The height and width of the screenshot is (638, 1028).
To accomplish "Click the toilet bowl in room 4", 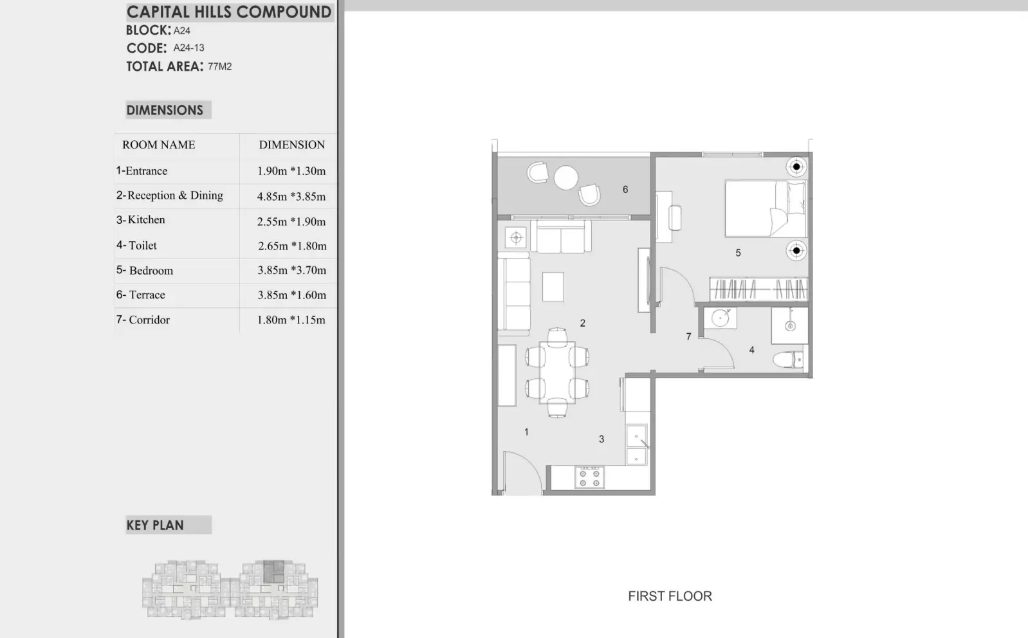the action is [787, 360].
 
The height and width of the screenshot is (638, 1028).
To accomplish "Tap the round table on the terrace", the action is [566, 178].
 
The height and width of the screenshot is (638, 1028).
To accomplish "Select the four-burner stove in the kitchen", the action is [589, 477].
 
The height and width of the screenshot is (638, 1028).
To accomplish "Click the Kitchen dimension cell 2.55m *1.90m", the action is [291, 221].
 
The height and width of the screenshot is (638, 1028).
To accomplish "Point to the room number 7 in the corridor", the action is [688, 336].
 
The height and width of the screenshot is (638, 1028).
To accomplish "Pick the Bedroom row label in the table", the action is [145, 270].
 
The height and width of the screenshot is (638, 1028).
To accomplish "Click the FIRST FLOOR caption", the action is [670, 596].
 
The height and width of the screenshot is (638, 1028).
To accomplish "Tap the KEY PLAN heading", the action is [155, 525].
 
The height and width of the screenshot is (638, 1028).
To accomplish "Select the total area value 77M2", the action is [220, 66].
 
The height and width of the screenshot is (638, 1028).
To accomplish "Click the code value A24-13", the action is [188, 48].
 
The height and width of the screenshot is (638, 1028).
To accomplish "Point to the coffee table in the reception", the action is [553, 287].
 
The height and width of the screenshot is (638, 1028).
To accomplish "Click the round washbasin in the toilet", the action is [720, 318].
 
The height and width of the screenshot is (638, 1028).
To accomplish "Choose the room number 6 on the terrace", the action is [625, 190].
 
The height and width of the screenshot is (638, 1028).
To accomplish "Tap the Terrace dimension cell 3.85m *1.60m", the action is [292, 295].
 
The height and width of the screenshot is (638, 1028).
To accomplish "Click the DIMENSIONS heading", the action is [165, 110].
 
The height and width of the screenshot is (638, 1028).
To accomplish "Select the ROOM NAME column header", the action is [159, 145].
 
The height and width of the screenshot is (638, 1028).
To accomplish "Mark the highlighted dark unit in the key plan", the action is [274, 572].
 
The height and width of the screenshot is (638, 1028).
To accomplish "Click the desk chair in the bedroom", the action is [675, 218].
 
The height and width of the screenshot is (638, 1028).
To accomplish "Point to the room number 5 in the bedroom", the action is [738, 253].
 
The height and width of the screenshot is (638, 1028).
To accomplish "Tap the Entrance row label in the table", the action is [142, 170].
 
